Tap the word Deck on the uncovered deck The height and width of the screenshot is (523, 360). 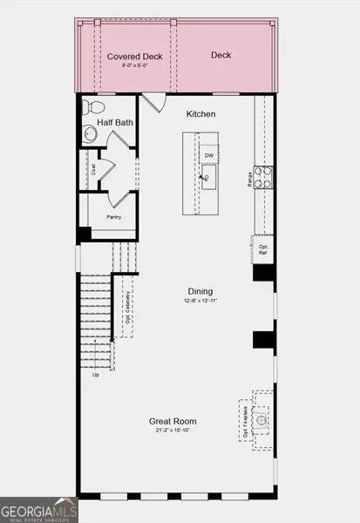coord(221,56)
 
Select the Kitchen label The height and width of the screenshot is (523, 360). coord(200,114)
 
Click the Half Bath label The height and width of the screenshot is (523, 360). coord(114,124)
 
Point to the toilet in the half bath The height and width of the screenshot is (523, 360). coord(92,109)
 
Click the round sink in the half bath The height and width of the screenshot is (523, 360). coord(91,134)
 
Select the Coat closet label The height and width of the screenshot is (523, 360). coord(94,170)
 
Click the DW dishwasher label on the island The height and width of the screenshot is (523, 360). coord(208,156)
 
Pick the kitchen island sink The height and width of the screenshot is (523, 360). coord(208,180)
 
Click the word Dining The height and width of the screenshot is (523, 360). coord(200,291)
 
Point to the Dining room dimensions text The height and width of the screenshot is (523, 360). coord(200,301)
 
